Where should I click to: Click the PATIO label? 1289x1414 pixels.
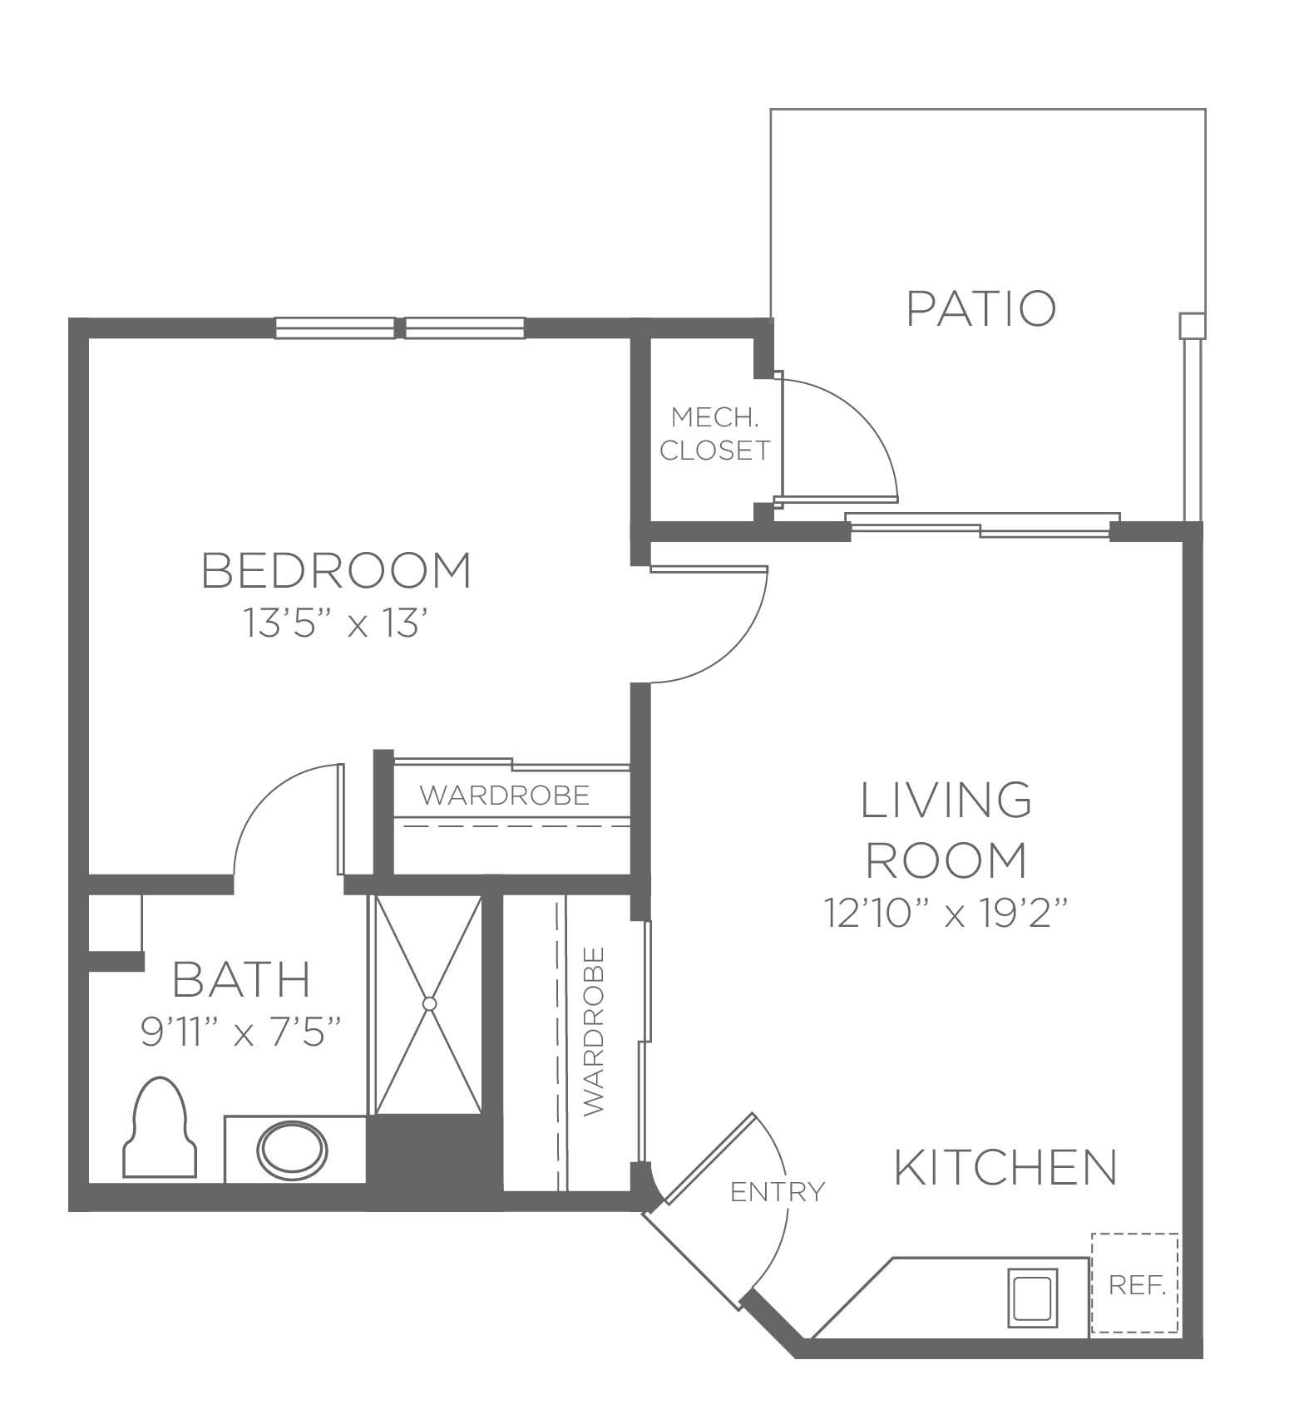tap(981, 308)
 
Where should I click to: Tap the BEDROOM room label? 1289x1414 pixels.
tap(337, 570)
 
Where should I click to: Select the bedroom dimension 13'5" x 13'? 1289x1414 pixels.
tap(336, 623)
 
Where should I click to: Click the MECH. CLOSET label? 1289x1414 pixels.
tap(715, 433)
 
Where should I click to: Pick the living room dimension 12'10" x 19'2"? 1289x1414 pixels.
tap(946, 913)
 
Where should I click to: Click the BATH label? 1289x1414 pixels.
tap(241, 978)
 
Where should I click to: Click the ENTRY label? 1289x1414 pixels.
tap(778, 1192)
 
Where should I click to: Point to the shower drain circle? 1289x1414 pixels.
tap(429, 1003)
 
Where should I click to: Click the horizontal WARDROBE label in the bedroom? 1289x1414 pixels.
tap(505, 796)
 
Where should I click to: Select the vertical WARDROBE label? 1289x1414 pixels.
tap(594, 1032)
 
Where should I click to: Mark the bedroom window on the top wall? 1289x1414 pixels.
tap(400, 328)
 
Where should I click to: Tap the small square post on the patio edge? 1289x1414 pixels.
tap(1192, 325)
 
